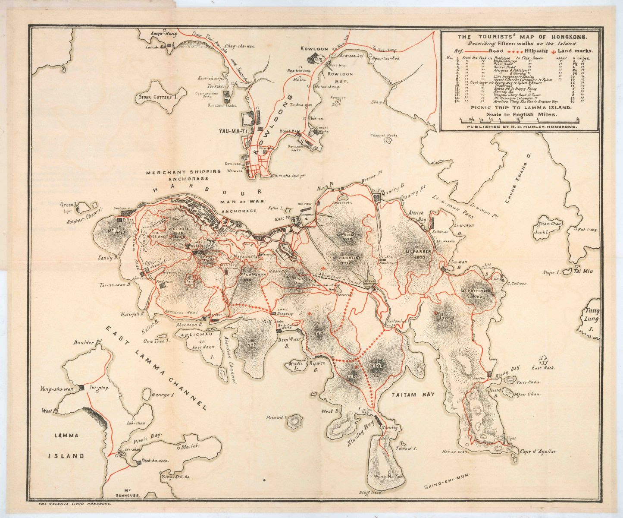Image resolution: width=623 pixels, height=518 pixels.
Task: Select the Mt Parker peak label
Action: (415, 253)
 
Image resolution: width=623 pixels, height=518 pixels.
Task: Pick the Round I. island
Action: (296, 419)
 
